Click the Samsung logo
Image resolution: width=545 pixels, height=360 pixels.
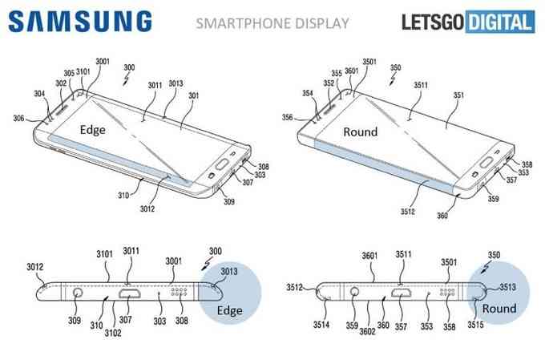tap(79, 21)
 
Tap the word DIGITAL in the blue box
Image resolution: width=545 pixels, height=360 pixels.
tap(500, 22)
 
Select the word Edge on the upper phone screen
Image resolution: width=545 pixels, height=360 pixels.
tap(92, 130)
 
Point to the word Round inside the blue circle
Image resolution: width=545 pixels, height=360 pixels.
tap(499, 308)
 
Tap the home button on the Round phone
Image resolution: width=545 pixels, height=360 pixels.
tap(486, 162)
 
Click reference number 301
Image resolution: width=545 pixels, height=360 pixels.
tap(194, 95)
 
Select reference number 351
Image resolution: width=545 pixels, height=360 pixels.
tap(458, 95)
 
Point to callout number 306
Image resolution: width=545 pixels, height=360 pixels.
tap(18, 119)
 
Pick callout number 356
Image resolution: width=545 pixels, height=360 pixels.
tap(288, 118)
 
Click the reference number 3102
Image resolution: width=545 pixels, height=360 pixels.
tap(113, 333)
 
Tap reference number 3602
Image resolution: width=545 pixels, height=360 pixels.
tap(367, 331)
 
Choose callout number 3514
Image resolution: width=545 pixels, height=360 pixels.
tap(321, 325)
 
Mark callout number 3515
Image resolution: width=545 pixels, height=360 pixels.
tap(475, 325)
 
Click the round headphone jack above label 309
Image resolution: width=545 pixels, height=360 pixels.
tap(78, 292)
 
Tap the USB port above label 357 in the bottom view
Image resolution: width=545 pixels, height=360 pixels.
tap(402, 292)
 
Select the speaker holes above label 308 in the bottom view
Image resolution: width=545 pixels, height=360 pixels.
tap(179, 292)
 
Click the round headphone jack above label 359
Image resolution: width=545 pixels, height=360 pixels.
tap(354, 291)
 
